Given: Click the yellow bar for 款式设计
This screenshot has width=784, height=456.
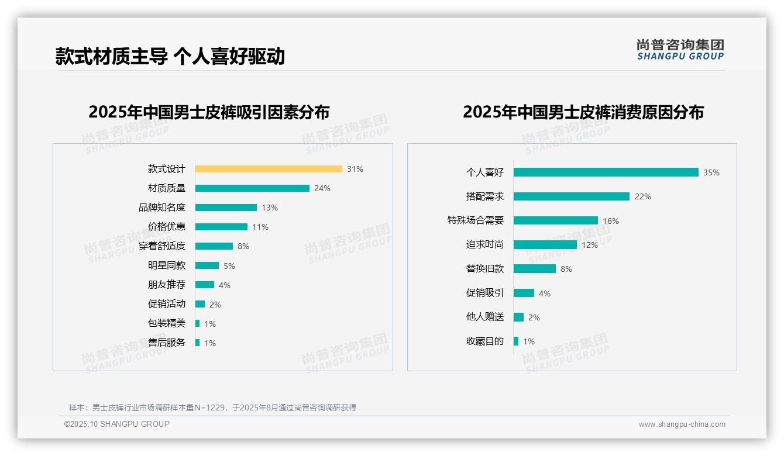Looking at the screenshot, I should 269,169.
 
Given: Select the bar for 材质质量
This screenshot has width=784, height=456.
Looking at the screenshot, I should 252,188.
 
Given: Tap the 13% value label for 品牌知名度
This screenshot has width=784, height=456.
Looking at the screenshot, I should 270,208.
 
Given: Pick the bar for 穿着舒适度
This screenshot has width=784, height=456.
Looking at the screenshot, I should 214,246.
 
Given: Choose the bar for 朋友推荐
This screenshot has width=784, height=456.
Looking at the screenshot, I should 205,285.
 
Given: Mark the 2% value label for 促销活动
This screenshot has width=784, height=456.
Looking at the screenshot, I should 215,305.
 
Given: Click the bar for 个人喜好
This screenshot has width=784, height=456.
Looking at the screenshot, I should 606,172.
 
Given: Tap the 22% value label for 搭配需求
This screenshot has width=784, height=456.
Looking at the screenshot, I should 642,196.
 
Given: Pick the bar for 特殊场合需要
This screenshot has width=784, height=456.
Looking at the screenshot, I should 556,220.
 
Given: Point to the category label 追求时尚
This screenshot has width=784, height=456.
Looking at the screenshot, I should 484,244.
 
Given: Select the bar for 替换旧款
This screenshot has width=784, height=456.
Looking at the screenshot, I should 535,269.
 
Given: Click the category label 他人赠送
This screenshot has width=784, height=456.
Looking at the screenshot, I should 484,317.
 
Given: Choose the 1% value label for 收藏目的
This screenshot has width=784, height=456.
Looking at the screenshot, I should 529,341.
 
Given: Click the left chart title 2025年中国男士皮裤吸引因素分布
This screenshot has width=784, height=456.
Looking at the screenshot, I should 209,112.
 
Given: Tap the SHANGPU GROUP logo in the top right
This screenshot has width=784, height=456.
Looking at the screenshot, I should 680,50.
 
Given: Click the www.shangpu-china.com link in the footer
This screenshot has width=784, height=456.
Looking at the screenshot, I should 682,424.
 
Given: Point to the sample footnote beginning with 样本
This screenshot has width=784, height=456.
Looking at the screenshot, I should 212,407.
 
